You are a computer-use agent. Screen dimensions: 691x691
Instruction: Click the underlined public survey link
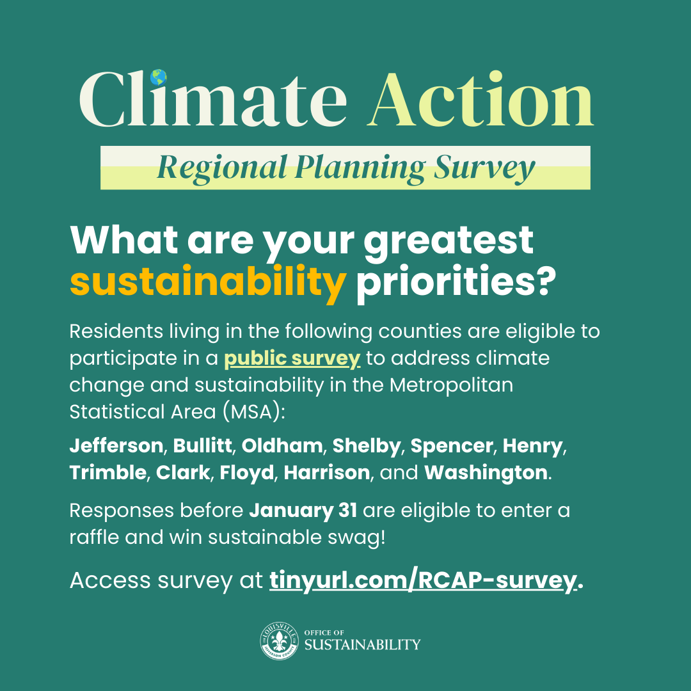292,358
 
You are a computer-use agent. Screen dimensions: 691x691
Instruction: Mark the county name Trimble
108,473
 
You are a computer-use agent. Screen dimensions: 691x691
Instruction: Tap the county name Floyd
247,473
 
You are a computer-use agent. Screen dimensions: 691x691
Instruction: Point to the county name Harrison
327,473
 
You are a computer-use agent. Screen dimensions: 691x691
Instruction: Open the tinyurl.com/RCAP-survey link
422,581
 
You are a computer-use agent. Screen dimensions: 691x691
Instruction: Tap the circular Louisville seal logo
278,640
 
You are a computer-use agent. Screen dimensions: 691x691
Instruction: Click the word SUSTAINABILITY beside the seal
362,644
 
